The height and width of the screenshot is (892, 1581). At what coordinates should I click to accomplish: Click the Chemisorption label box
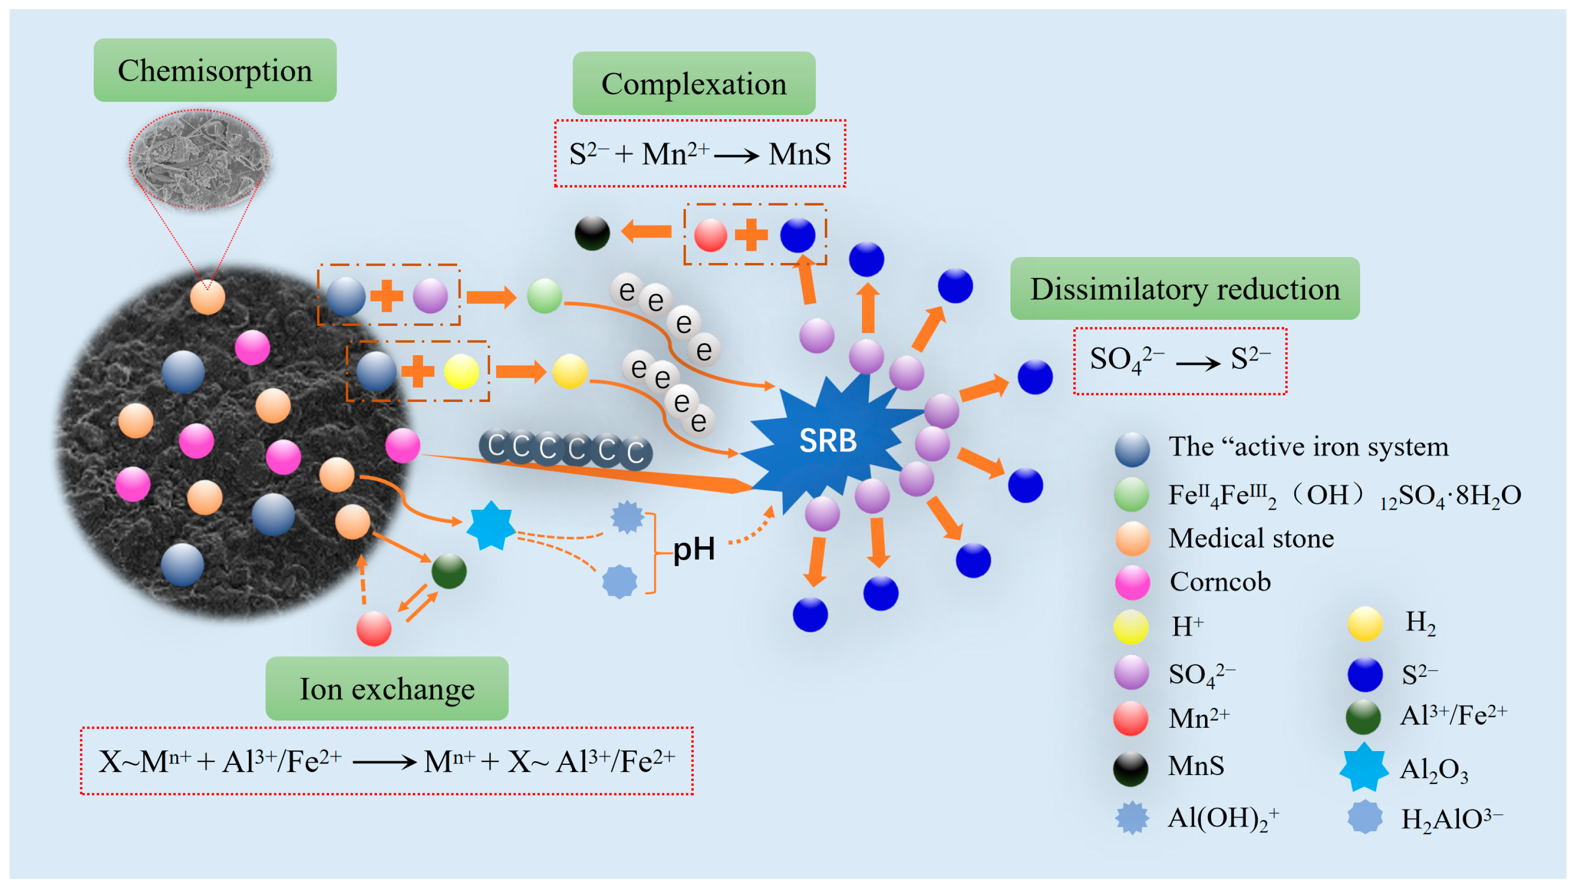click(215, 70)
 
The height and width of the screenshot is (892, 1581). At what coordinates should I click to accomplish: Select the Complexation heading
click(694, 84)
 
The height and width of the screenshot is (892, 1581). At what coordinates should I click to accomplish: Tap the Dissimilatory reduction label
click(1185, 288)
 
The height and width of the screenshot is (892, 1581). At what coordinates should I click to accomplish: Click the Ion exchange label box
click(387, 689)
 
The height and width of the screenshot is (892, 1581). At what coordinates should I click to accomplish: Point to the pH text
click(694, 548)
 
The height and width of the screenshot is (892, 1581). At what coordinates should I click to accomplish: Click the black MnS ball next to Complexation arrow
click(592, 233)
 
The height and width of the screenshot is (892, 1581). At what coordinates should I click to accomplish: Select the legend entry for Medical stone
click(1250, 538)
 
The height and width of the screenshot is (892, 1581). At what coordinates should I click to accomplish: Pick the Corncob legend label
click(1220, 581)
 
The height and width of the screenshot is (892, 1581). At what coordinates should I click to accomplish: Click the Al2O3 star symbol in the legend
click(1364, 767)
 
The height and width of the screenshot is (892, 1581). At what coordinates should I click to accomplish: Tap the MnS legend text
click(1195, 765)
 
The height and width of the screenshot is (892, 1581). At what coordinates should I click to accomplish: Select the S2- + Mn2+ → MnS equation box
click(700, 154)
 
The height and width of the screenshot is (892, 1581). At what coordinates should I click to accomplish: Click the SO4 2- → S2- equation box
click(1180, 360)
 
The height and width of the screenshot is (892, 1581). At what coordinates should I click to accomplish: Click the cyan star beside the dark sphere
click(491, 526)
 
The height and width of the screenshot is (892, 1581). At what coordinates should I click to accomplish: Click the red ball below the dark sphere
click(374, 628)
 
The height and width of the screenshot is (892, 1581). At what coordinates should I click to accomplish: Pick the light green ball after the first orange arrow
click(544, 296)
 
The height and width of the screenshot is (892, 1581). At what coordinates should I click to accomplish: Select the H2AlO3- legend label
click(1451, 819)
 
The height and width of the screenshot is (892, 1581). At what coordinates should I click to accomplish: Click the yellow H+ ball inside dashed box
click(461, 371)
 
